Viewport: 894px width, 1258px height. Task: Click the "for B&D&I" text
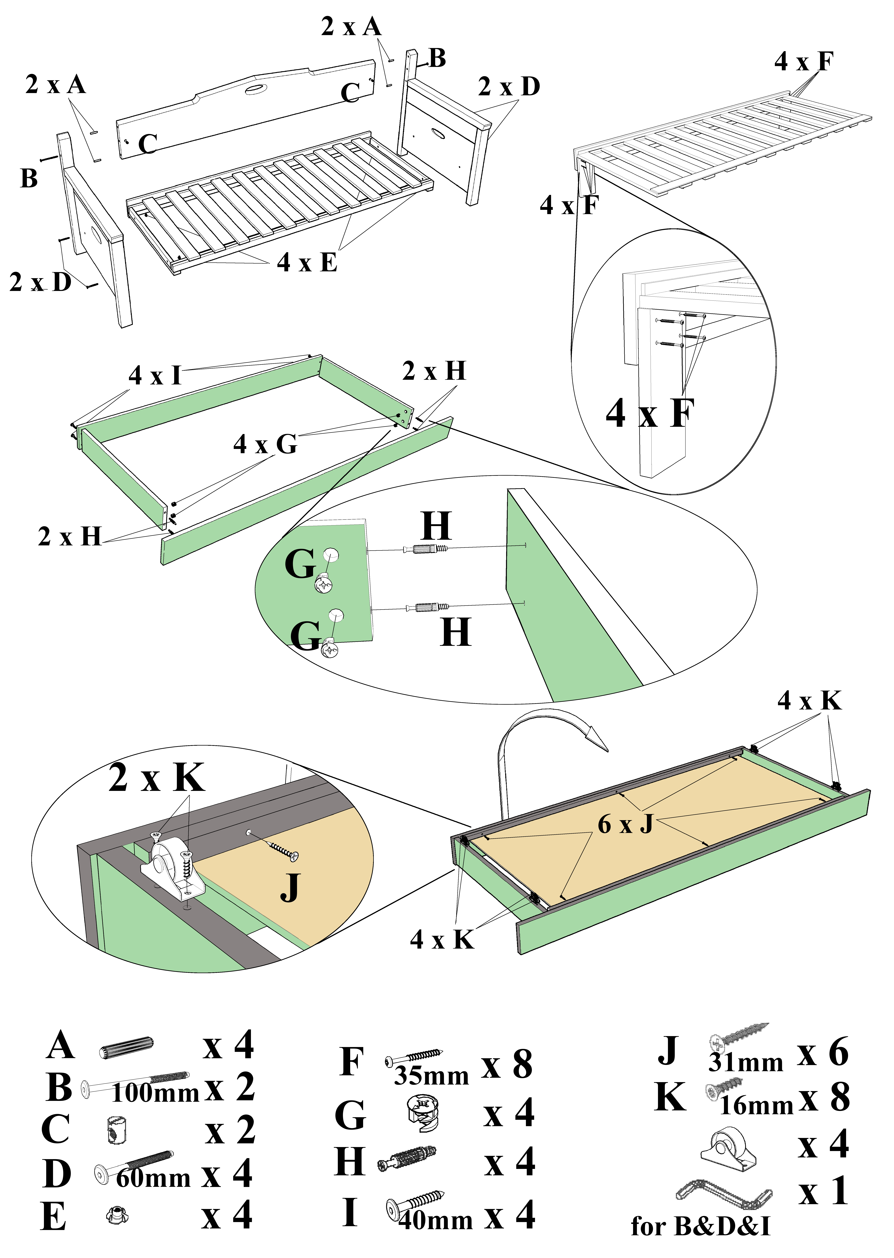tap(700, 1226)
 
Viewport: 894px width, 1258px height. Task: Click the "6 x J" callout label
tap(625, 824)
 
